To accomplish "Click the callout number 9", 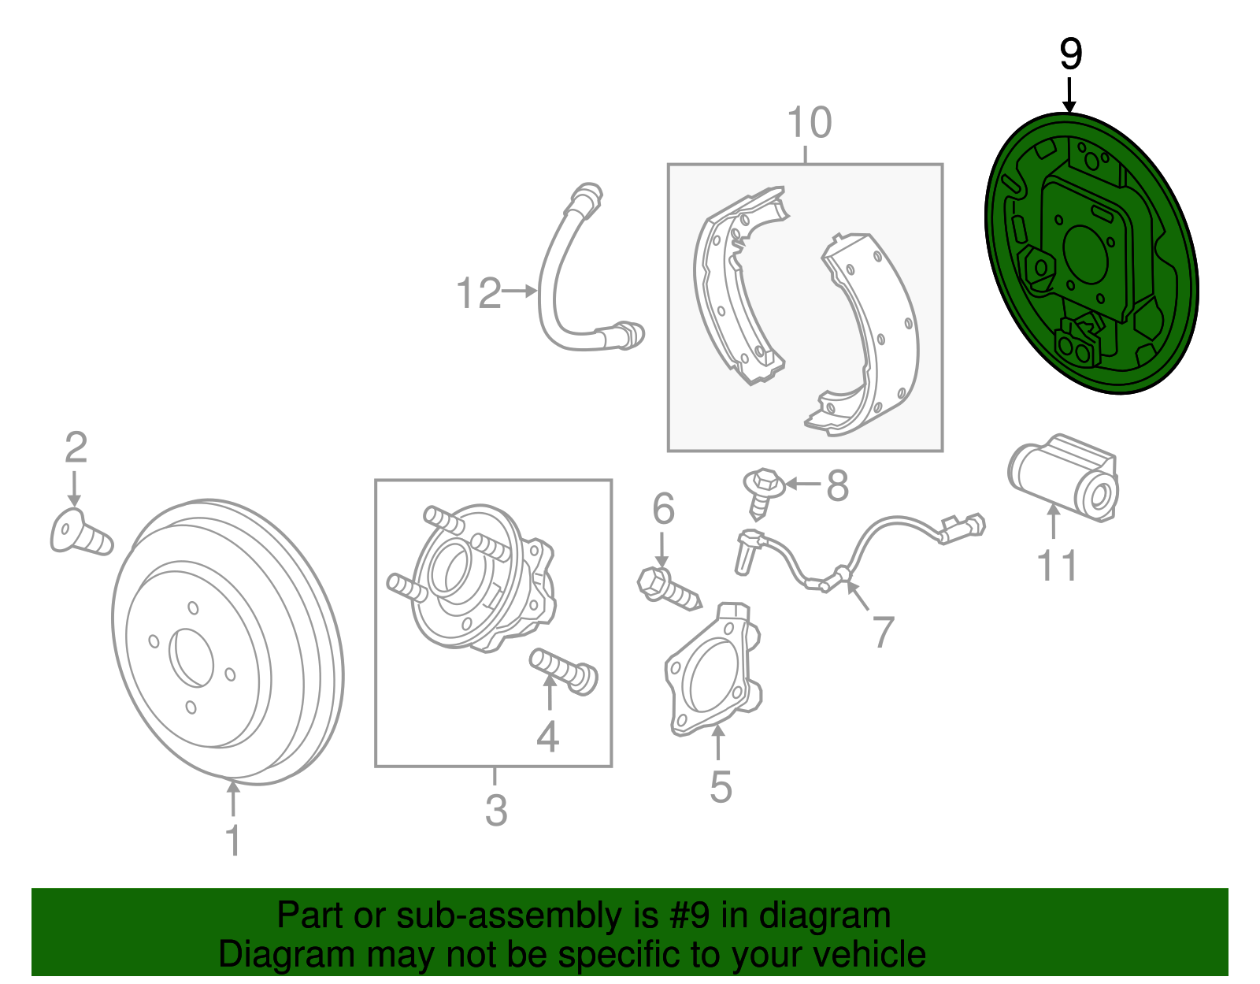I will point(1070,55).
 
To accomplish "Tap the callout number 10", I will point(809,124).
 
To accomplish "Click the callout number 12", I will point(479,294).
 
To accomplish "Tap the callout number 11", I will point(1057,566).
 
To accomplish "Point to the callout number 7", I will point(884,632).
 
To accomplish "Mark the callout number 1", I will point(233,841).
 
